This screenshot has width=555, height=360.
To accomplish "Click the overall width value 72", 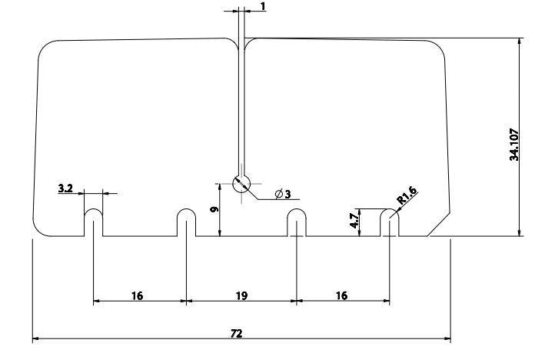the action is [x=236, y=333].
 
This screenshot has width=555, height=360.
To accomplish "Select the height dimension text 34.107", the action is [x=514, y=145].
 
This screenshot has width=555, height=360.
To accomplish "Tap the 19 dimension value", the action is [x=241, y=295].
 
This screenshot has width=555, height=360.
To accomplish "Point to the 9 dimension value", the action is [x=214, y=209].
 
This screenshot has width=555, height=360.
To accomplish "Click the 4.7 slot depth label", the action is [x=354, y=221].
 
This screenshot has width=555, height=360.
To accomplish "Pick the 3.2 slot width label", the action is [x=65, y=188].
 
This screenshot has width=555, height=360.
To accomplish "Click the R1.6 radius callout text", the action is [x=407, y=195].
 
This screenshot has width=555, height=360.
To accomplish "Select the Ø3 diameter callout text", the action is [x=283, y=194].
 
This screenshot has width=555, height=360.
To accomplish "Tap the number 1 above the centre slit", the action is [x=263, y=6].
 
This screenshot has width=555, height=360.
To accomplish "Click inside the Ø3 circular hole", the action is [x=241, y=184].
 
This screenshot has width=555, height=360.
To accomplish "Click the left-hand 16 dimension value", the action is [x=137, y=295].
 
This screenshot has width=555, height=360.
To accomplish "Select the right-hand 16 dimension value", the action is [x=341, y=295].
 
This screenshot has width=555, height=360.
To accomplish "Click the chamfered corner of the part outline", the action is [x=439, y=225].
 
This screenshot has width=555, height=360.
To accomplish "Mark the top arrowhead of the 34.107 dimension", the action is [x=519, y=41].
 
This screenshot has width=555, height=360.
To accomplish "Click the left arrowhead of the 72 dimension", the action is [x=36, y=338].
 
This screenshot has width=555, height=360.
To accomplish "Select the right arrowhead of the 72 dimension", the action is [x=447, y=338].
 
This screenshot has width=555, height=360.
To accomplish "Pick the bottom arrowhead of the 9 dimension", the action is [x=220, y=232].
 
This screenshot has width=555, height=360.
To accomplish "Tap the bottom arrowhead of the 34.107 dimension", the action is [x=519, y=232].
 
